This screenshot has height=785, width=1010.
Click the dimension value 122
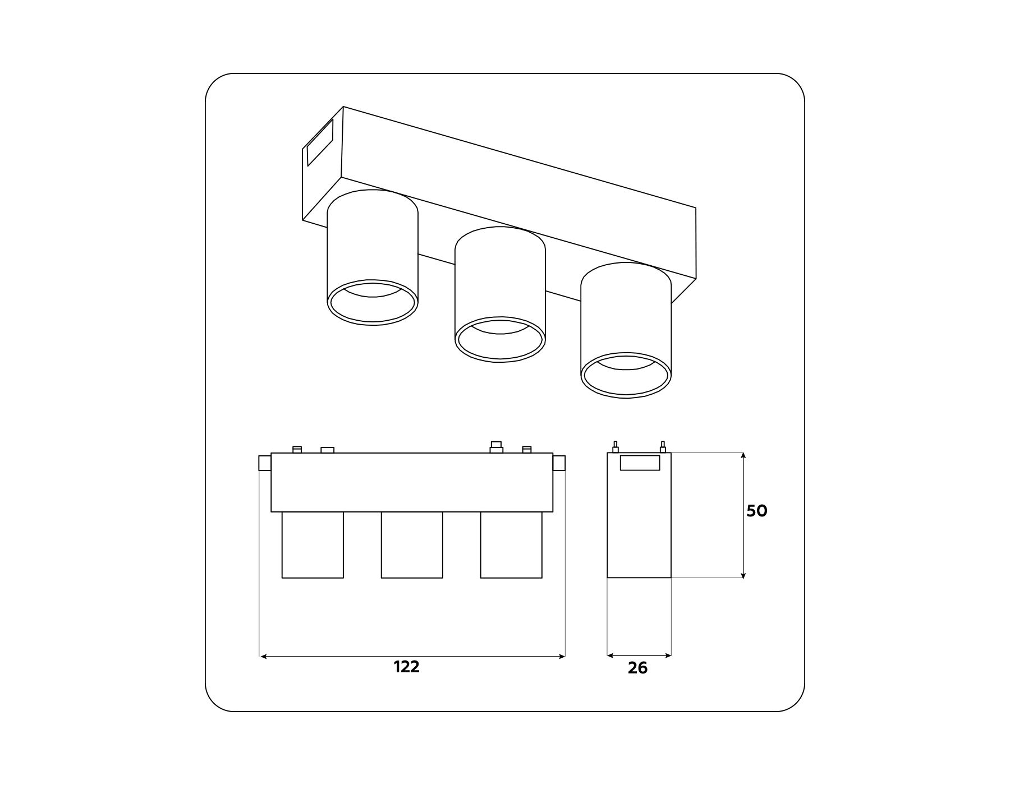pyautogui.click(x=406, y=667)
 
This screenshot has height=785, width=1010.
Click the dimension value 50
pyautogui.click(x=756, y=511)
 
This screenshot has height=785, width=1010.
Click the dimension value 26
pyautogui.click(x=637, y=668)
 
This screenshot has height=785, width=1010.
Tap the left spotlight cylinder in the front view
pyautogui.click(x=313, y=544)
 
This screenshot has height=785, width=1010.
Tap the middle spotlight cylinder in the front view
pyautogui.click(x=412, y=544)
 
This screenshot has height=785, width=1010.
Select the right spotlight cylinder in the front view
pyautogui.click(x=511, y=544)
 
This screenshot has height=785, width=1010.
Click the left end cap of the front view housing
pyautogui.click(x=265, y=463)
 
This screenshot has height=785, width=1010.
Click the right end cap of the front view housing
pyautogui.click(x=559, y=463)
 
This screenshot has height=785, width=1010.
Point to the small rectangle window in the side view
pyautogui.click(x=640, y=463)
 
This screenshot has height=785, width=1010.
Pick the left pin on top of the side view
pyautogui.click(x=616, y=447)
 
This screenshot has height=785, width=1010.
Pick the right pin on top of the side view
pyautogui.click(x=663, y=447)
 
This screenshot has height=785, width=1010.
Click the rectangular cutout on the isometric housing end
pyautogui.click(x=320, y=142)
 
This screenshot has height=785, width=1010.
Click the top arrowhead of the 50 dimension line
pyautogui.click(x=743, y=456)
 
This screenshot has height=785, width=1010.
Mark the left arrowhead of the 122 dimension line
pyautogui.click(x=263, y=656)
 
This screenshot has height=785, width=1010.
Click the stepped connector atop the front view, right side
pyautogui.click(x=496, y=447)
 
